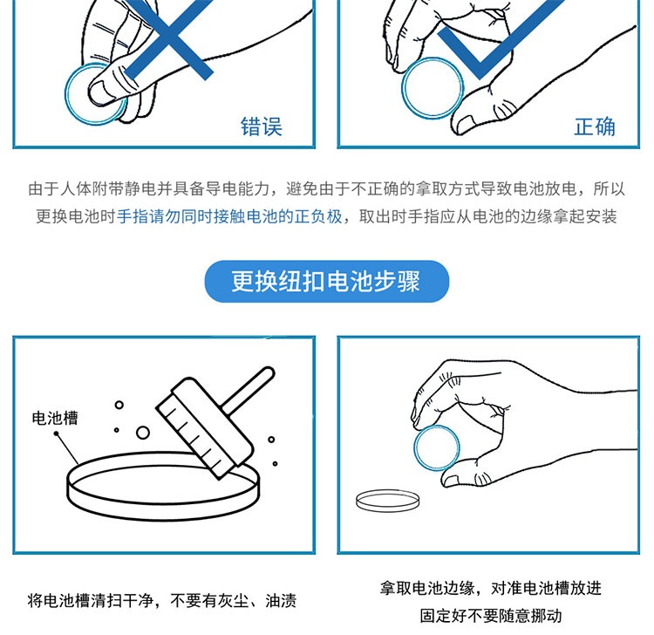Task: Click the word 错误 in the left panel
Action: pyautogui.click(x=262, y=126)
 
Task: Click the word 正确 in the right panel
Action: pyautogui.click(x=595, y=126)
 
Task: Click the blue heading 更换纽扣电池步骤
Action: pyautogui.click(x=326, y=281)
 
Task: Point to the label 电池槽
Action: pyautogui.click(x=55, y=418)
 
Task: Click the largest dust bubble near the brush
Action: pyautogui.click(x=143, y=433)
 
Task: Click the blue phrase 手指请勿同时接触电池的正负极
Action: pyautogui.click(x=229, y=216)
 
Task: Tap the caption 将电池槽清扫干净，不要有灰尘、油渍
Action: pyautogui.click(x=162, y=601)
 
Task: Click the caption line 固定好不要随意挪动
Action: pyautogui.click(x=490, y=616)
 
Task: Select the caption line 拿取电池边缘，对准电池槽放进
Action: pyautogui.click(x=490, y=588)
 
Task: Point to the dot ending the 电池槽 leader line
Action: pyautogui.click(x=57, y=434)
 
